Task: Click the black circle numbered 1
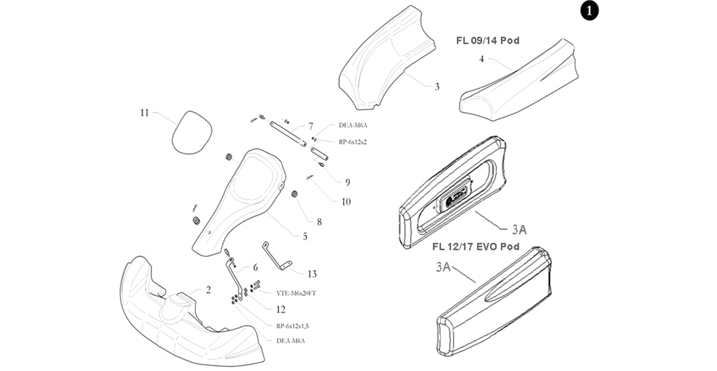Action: click(589, 11)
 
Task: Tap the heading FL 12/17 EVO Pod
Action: click(475, 247)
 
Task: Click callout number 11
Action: click(145, 113)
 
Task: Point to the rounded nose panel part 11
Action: click(191, 132)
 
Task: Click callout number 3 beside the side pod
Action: click(436, 87)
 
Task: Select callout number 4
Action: click(481, 59)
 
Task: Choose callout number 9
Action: click(347, 182)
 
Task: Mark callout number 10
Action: click(346, 201)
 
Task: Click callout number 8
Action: click(320, 221)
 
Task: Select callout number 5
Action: click(305, 236)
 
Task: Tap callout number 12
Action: click(281, 309)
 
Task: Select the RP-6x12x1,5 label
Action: click(292, 325)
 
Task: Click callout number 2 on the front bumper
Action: click(208, 289)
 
